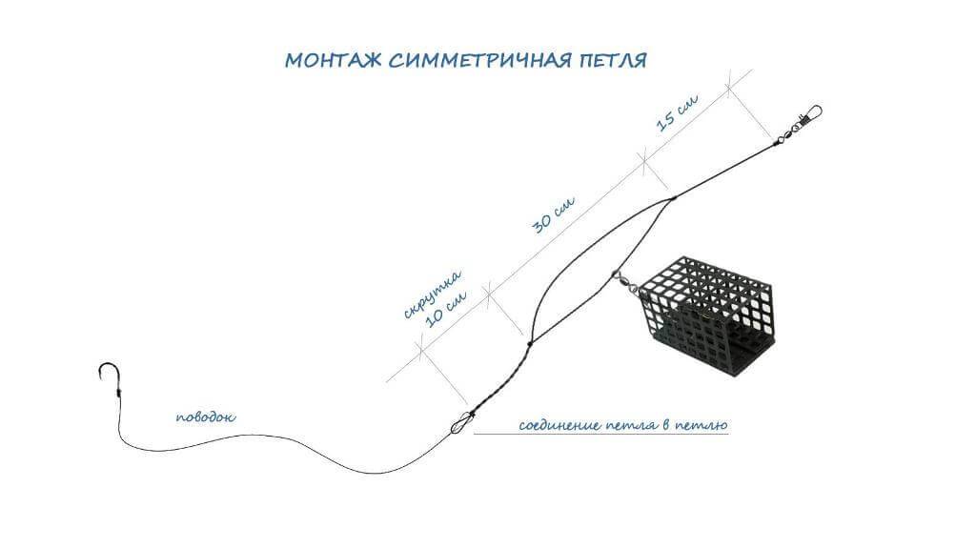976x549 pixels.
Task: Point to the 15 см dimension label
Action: [x=678, y=112]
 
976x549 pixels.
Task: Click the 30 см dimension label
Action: [x=554, y=214]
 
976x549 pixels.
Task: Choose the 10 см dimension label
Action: [x=446, y=308]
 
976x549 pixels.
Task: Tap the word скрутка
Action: [x=432, y=294]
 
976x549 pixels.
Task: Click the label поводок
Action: [x=206, y=417]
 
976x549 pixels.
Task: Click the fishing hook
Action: [x=109, y=378]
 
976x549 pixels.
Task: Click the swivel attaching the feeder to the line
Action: [x=625, y=283]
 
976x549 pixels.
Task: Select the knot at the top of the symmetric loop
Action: [x=673, y=199]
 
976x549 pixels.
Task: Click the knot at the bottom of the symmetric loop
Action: [x=529, y=343]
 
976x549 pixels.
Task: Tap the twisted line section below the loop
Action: [x=501, y=378]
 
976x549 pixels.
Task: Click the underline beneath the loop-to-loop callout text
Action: [x=601, y=434]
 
